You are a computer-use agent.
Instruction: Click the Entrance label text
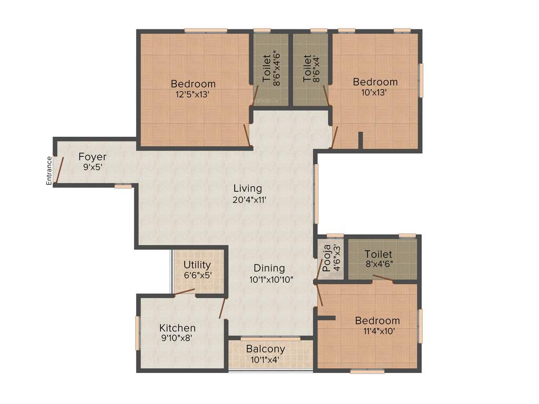point(49,170)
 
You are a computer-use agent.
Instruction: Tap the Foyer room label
point(93,157)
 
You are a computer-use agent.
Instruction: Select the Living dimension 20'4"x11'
point(248,199)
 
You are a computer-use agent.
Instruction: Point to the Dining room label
point(269,268)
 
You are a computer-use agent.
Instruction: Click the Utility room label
point(197,265)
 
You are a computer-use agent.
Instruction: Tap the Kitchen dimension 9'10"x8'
point(177,339)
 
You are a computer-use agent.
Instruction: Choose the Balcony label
point(266,349)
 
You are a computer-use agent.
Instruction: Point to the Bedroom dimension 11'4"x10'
point(377,331)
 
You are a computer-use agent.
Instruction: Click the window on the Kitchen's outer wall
point(138,332)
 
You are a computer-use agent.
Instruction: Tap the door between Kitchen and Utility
point(185,292)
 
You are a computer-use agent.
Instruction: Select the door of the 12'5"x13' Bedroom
point(246,135)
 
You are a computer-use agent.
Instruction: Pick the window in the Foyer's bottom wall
point(123,186)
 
